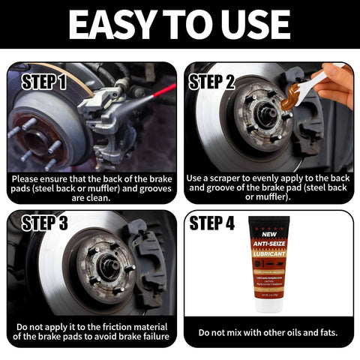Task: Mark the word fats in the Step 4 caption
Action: [x=323, y=331]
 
